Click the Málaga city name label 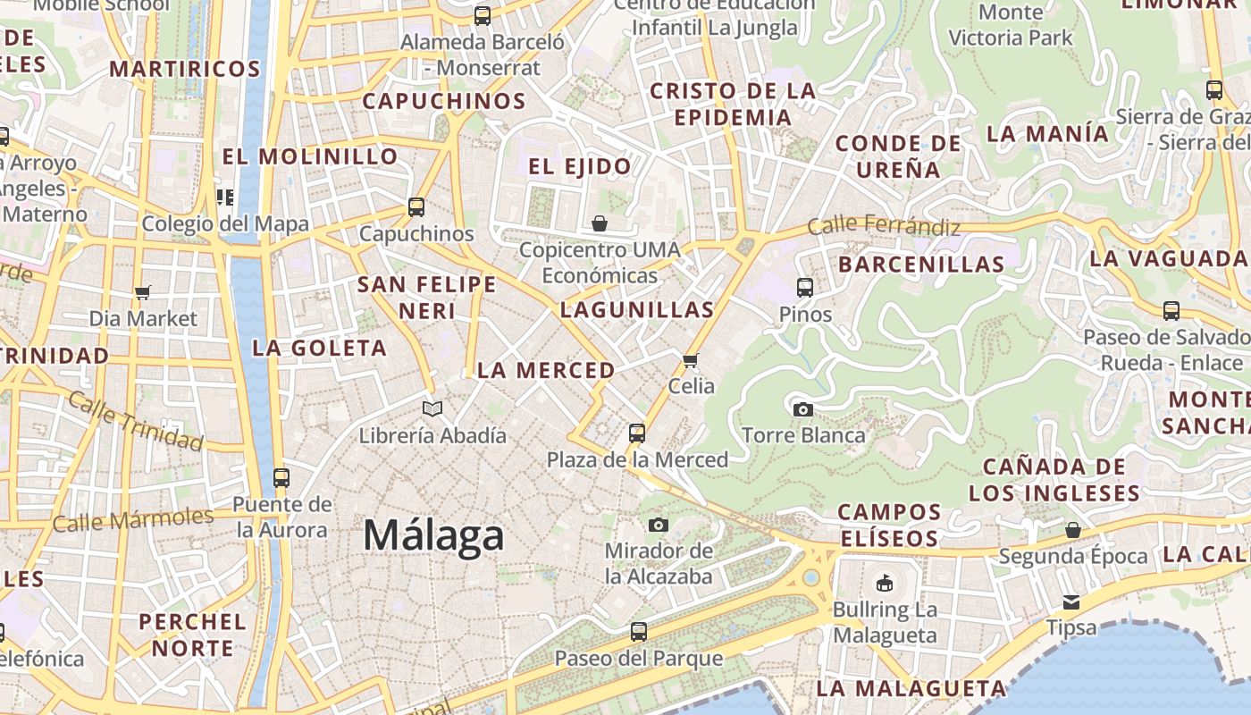coord(433,535)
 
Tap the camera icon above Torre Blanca coord(803,409)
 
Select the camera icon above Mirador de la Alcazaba coord(659,525)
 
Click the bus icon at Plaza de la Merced coord(637,433)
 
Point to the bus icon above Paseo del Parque coord(638,632)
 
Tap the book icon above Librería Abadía coord(432,409)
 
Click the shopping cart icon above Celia coord(690,360)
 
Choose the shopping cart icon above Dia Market coord(143,292)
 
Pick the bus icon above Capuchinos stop coord(416,207)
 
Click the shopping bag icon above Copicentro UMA coord(600,223)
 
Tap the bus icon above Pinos coord(805,288)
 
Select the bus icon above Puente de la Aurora coord(281,478)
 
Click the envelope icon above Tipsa coord(1070,601)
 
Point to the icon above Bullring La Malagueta coord(884,584)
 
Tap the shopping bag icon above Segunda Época coord(1073,530)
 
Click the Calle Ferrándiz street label coord(883,227)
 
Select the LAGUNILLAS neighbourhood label coord(637,310)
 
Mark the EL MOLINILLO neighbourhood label coord(310,156)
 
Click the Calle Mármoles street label coord(133,519)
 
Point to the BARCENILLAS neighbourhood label coord(921,264)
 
